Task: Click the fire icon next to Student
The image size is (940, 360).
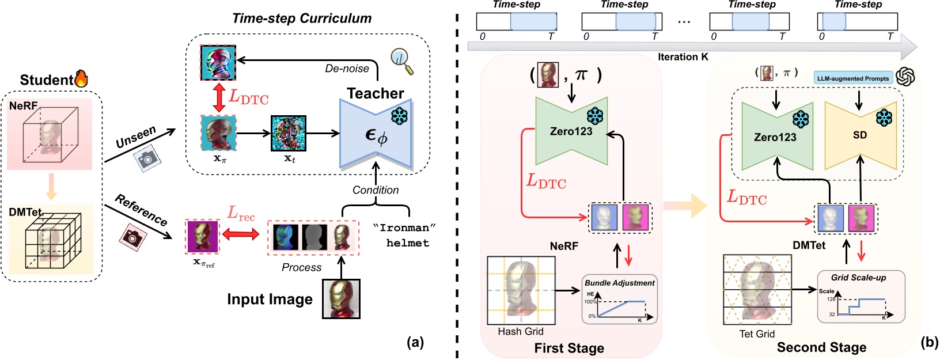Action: [81, 79]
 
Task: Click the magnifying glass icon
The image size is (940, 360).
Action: [401, 61]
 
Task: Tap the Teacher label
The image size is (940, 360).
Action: [375, 93]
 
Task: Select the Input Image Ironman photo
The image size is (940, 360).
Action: [342, 299]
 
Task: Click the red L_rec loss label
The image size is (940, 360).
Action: [241, 214]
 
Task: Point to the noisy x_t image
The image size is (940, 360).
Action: [289, 134]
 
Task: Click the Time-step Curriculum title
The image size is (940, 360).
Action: [302, 18]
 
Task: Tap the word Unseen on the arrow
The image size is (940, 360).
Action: [136, 137]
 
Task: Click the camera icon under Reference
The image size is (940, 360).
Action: [132, 236]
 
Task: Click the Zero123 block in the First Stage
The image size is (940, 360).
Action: [571, 131]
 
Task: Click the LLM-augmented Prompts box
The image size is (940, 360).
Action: [853, 78]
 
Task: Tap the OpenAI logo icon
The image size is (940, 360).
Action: [906, 77]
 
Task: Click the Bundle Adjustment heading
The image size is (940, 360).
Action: [620, 283]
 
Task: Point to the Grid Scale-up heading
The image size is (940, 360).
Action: [858, 278]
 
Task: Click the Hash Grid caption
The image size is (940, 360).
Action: [521, 332]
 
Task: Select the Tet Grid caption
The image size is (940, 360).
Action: [757, 334]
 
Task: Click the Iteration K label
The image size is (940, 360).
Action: [683, 57]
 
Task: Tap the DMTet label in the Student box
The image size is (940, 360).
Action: [25, 212]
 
